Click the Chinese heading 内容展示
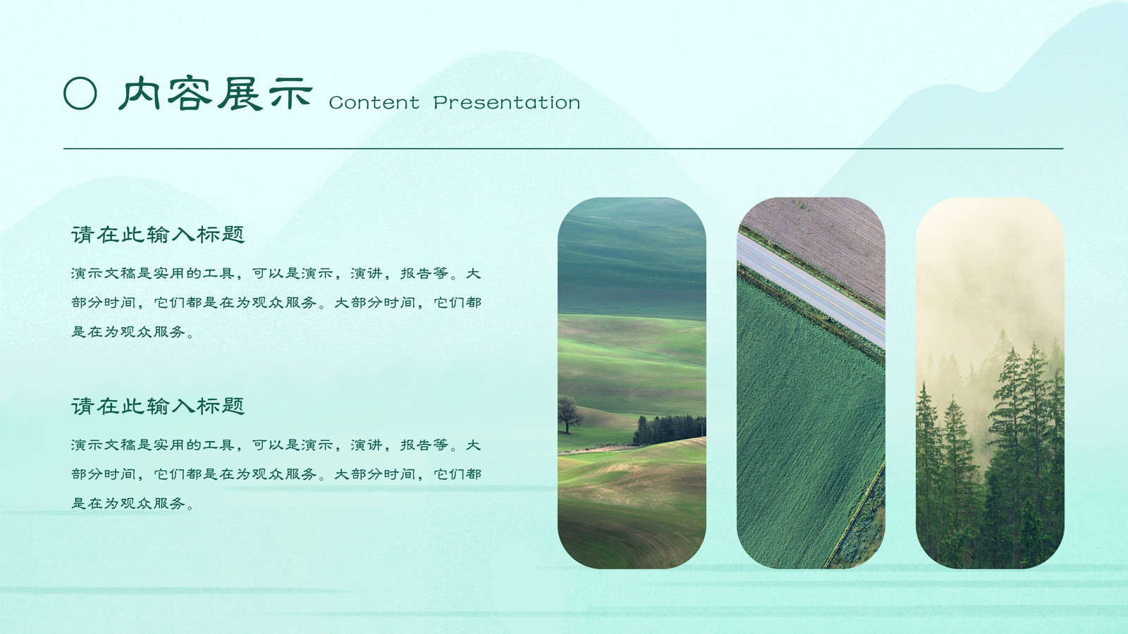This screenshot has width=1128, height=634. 216,94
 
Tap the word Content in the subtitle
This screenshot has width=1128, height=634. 374,103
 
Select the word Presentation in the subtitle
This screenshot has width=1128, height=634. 507,103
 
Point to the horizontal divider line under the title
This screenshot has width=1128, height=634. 563,149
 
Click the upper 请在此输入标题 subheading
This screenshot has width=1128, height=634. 158,235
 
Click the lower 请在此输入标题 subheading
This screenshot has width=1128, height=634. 158,406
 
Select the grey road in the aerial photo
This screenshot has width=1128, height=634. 811,292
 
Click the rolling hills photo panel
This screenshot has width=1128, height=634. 632,383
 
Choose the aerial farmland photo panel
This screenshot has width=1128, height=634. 811,383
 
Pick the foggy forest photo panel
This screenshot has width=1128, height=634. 990,383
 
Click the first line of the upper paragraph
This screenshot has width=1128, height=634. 276,273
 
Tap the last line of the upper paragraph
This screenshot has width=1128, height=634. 133,332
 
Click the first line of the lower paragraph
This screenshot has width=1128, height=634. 276,445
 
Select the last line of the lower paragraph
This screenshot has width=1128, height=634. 133,503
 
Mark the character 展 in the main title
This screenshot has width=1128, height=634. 240,94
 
